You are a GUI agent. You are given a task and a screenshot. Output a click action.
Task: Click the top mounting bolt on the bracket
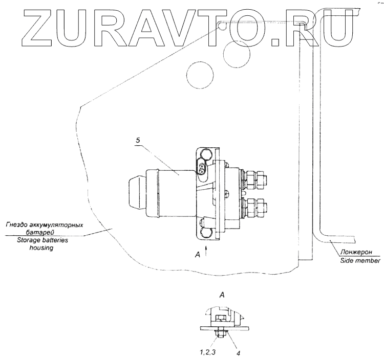205,155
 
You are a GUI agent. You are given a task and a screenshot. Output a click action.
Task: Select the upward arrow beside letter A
206,250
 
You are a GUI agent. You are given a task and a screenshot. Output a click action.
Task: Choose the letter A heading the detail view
222,295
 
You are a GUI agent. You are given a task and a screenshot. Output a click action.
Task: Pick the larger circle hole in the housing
200,75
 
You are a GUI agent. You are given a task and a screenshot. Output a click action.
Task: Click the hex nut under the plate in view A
221,335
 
